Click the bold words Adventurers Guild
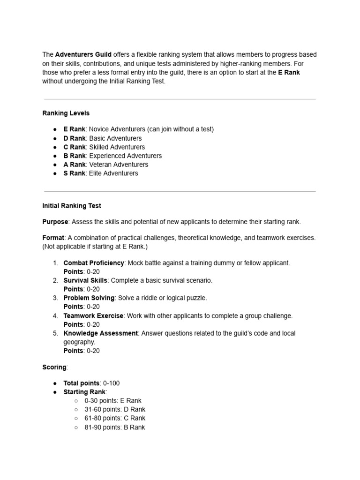[x=83, y=55]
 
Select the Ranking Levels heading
[x=66, y=113]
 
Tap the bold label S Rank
[x=75, y=173]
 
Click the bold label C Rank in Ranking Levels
[x=75, y=147]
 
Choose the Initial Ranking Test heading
[x=72, y=206]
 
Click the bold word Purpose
[x=55, y=222]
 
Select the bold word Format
[x=53, y=238]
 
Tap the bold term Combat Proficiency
[x=94, y=263]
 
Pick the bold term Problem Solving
[x=89, y=298]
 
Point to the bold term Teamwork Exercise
[x=93, y=316]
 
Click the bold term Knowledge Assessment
[x=101, y=333]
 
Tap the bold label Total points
[x=82, y=383]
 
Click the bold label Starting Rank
[x=85, y=392]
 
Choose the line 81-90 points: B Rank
[x=115, y=427]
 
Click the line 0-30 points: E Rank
[x=113, y=401]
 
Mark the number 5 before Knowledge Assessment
[x=55, y=333]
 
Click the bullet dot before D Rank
[x=55, y=139]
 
